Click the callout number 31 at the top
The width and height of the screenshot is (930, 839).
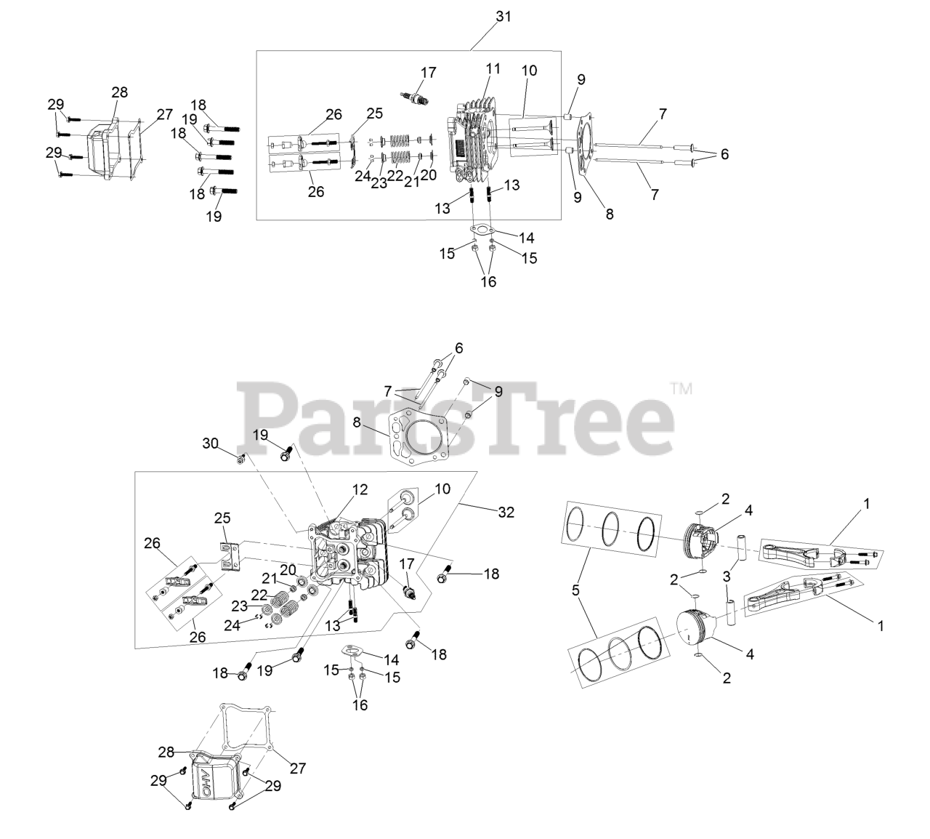point(503,16)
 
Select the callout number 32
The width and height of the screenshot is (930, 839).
point(506,512)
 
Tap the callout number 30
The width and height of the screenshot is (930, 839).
point(210,443)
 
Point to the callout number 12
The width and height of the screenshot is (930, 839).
point(361,490)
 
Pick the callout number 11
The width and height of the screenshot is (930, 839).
point(493,70)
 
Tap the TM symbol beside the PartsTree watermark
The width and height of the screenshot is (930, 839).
point(682,389)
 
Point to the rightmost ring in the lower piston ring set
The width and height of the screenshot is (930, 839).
point(650,639)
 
